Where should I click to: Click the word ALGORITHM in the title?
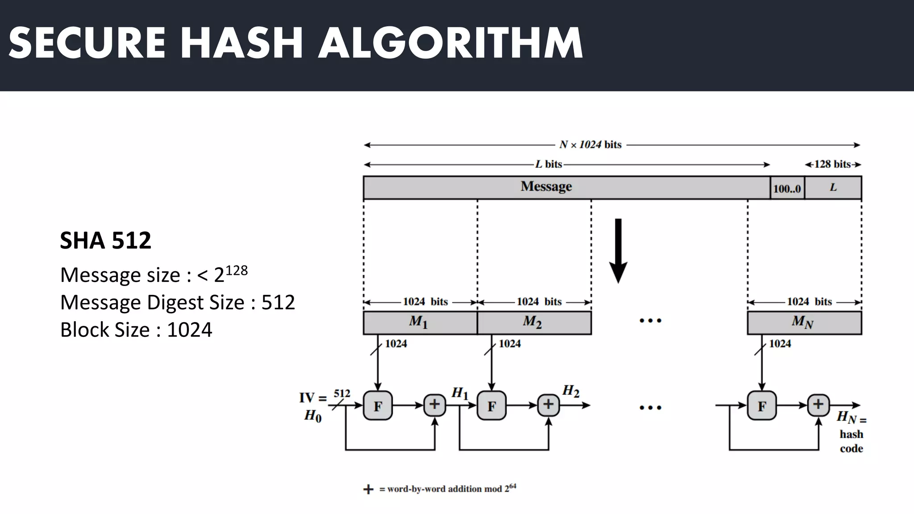coord(450,43)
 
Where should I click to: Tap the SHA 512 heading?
coord(106,240)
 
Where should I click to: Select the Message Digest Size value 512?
coord(278,303)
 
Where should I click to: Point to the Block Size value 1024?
coord(190,330)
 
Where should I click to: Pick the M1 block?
coord(420,322)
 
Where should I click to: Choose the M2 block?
coord(534,322)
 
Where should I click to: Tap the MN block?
coord(804,322)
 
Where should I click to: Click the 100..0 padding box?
coord(787,188)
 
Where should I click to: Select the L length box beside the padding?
coord(833,188)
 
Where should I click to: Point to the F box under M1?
coord(378,406)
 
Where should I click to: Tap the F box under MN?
coord(762,406)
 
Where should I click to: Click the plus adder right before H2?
coord(548,405)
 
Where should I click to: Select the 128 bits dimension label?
coord(833,164)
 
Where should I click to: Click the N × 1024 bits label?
coord(590,145)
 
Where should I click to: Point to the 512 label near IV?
coord(342,394)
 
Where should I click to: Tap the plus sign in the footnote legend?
coord(368,489)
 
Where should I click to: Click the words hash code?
coord(851,441)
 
